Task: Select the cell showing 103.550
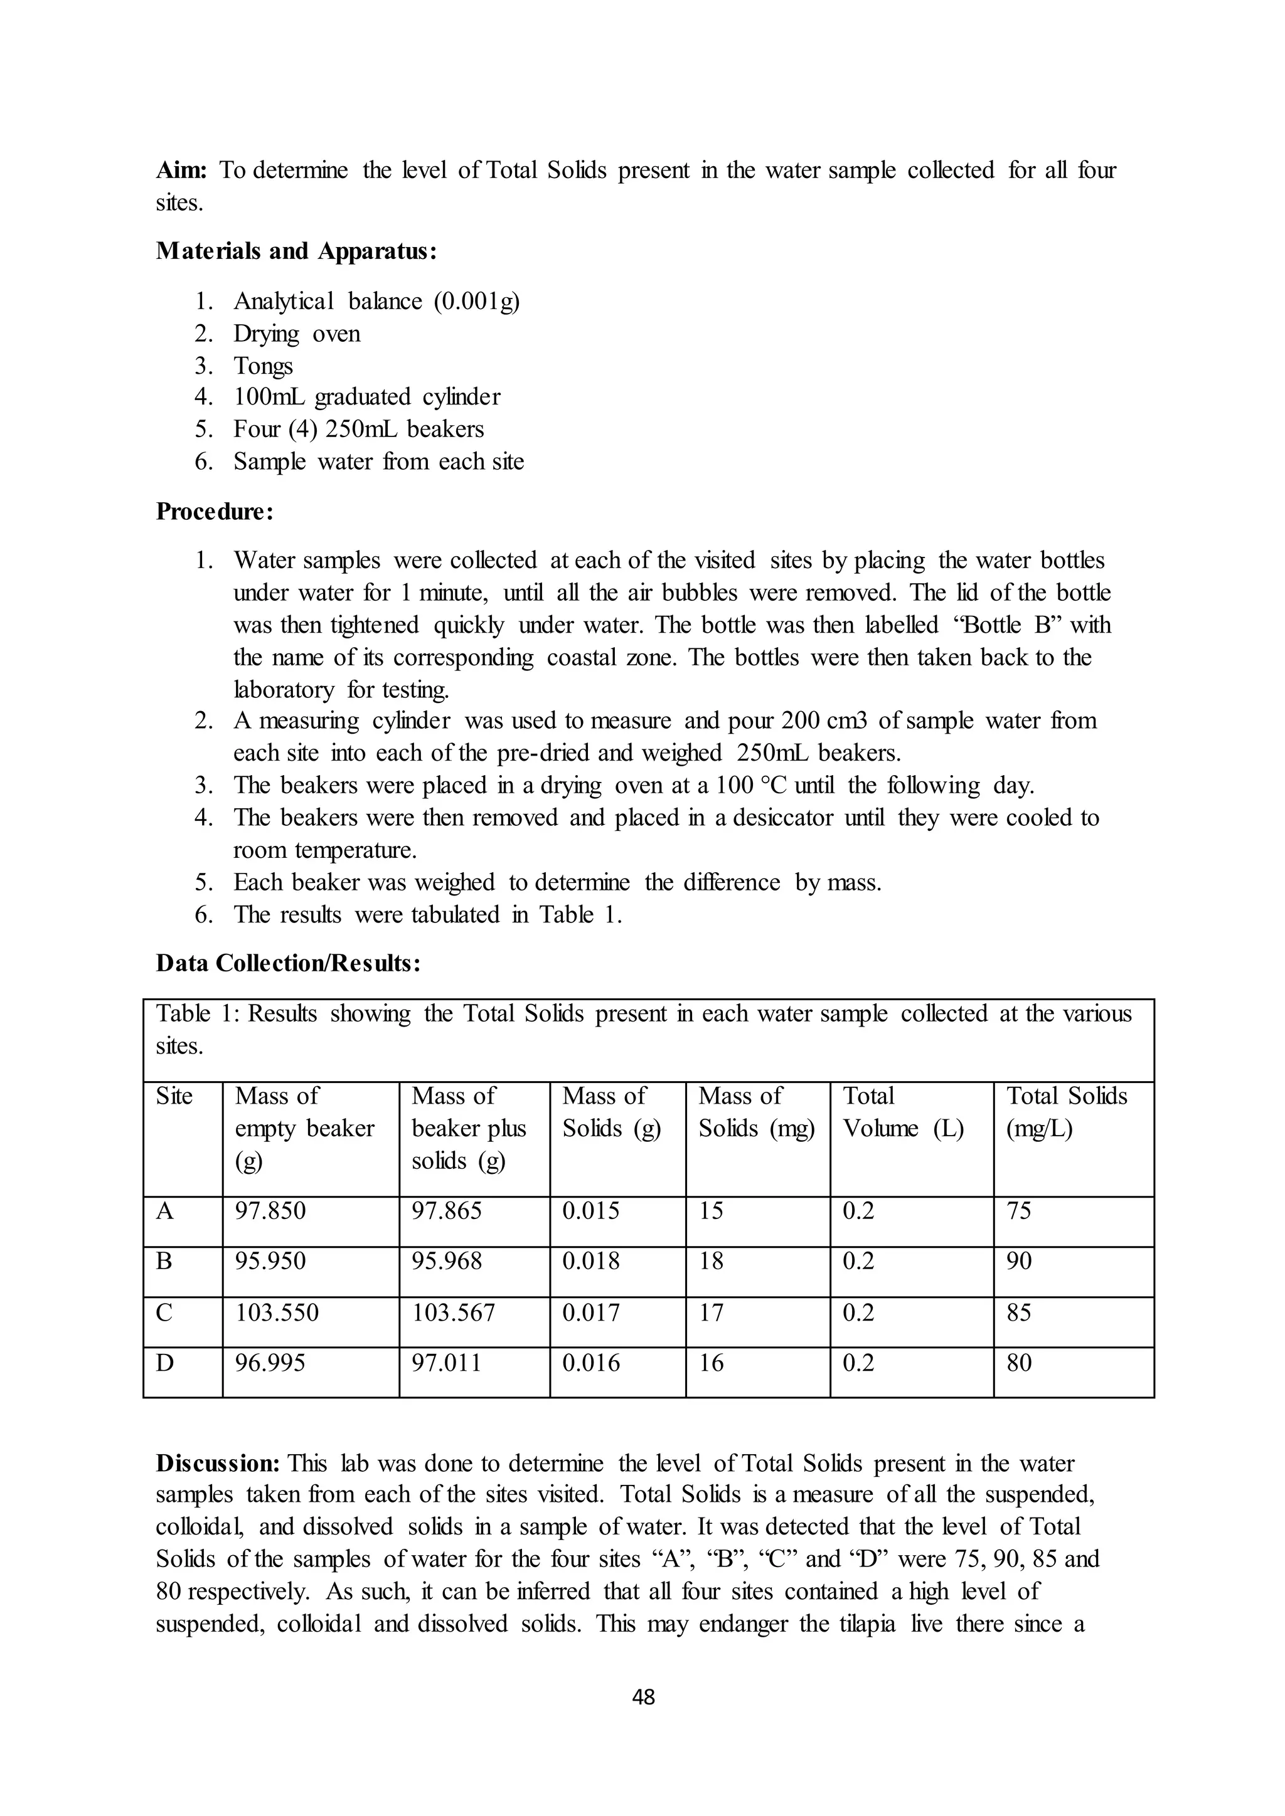pyautogui.click(x=277, y=1313)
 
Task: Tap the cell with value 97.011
pyautogui.click(x=446, y=1363)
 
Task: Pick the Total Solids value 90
pyautogui.click(x=1018, y=1261)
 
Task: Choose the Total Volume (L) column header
pyautogui.click(x=903, y=1112)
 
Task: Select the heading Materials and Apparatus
pyautogui.click(x=296, y=251)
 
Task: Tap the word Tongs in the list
pyautogui.click(x=263, y=366)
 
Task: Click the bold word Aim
pyautogui.click(x=181, y=170)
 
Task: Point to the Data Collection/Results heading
pyautogui.click(x=288, y=963)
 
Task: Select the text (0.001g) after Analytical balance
pyautogui.click(x=476, y=302)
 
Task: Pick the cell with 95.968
pyautogui.click(x=446, y=1261)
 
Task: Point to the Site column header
pyautogui.click(x=174, y=1096)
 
